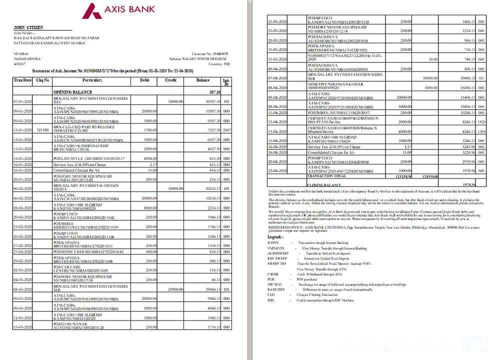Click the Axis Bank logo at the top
(118, 10)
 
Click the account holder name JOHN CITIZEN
(28, 27)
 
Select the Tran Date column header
(23, 80)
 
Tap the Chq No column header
(42, 80)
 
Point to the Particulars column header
(92, 80)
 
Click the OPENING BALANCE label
(73, 92)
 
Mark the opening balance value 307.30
(215, 92)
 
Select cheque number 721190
(42, 130)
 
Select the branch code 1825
(481, 121)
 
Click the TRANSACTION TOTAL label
(326, 176)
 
